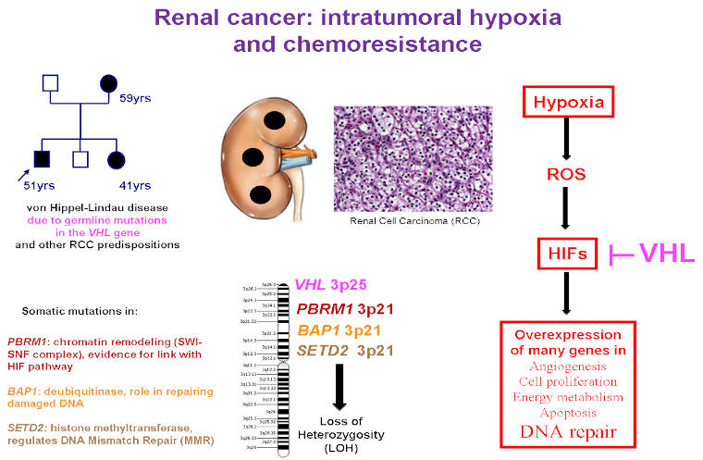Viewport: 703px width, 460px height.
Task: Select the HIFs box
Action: tap(567, 251)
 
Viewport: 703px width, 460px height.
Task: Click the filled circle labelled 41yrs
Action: tap(116, 158)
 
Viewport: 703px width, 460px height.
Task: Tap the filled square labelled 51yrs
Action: tap(39, 158)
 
